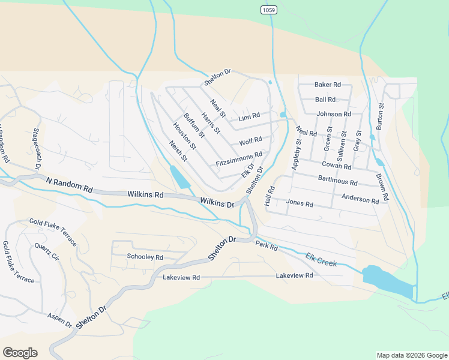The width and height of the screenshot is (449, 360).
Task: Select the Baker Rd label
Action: [x=328, y=85]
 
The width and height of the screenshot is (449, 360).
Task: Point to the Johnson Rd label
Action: [x=334, y=114]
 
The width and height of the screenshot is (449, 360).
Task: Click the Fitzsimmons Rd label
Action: [x=239, y=159]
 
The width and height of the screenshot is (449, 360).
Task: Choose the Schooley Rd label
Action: [x=145, y=257]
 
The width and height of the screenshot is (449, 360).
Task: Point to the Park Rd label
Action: [x=267, y=246]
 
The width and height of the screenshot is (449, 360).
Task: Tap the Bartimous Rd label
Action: [x=338, y=181]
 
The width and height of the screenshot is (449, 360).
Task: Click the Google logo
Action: [x=19, y=353]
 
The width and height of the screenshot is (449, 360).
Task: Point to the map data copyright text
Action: [x=411, y=355]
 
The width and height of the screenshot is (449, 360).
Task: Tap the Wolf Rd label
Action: [x=250, y=142]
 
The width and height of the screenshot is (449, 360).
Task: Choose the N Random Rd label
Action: [x=68, y=184]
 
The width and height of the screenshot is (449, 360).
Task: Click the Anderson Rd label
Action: [x=360, y=198]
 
